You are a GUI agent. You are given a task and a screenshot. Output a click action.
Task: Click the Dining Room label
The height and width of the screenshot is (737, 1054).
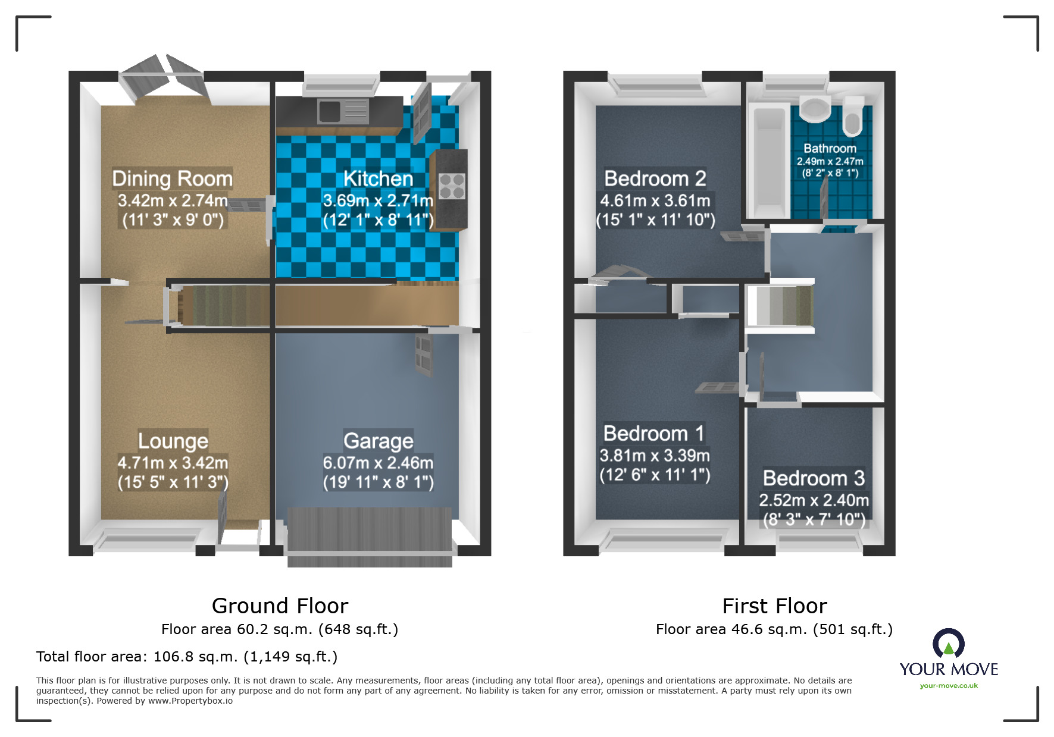pos(172,178)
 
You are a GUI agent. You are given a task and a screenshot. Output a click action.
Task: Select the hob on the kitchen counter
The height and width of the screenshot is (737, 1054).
pos(452,186)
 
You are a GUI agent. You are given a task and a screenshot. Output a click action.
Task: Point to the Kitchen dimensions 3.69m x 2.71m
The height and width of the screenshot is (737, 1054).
pos(378,200)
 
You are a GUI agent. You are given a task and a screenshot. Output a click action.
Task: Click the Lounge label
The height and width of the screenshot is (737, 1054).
pos(173,441)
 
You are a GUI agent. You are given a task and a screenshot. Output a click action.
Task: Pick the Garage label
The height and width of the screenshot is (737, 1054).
pos(379,441)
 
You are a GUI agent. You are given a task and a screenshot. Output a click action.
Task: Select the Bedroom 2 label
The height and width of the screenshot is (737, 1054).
pos(655,178)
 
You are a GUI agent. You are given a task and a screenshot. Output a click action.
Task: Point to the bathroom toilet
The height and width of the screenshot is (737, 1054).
pos(853,118)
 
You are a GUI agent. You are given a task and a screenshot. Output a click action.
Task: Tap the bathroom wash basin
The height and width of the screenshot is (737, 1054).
pos(815,109)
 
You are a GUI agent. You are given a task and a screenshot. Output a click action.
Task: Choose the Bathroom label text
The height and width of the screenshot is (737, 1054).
pos(830,149)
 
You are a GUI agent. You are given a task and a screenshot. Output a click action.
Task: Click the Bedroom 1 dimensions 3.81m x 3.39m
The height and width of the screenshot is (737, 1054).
pos(655,456)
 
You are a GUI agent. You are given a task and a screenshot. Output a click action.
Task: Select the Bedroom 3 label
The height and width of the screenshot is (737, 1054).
pos(814,478)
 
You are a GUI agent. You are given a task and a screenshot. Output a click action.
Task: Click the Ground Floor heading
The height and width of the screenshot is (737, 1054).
pos(280,606)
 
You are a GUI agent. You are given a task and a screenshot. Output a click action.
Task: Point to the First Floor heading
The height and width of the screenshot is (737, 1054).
pos(774,606)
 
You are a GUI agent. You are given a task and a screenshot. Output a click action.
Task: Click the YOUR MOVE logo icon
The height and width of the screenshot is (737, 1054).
pos(949,644)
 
